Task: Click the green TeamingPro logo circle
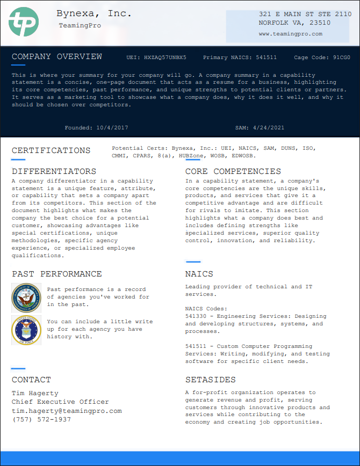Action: (x=24, y=22)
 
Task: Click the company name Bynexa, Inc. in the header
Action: (x=93, y=14)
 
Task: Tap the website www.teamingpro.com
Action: (x=290, y=33)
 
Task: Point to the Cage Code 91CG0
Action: (x=341, y=57)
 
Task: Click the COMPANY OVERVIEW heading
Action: (x=56, y=57)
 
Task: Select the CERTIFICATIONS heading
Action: (x=51, y=151)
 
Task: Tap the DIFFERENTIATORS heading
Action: (x=54, y=172)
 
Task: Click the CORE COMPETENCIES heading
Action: (x=233, y=172)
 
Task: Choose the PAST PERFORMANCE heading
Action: (x=56, y=274)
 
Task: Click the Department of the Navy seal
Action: (x=26, y=298)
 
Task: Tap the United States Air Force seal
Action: (x=26, y=330)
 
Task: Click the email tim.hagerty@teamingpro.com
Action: (x=67, y=411)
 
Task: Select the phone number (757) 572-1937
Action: (x=41, y=419)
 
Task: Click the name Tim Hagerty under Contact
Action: (x=35, y=393)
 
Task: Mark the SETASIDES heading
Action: (x=210, y=380)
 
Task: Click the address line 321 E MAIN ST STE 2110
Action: (x=305, y=14)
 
